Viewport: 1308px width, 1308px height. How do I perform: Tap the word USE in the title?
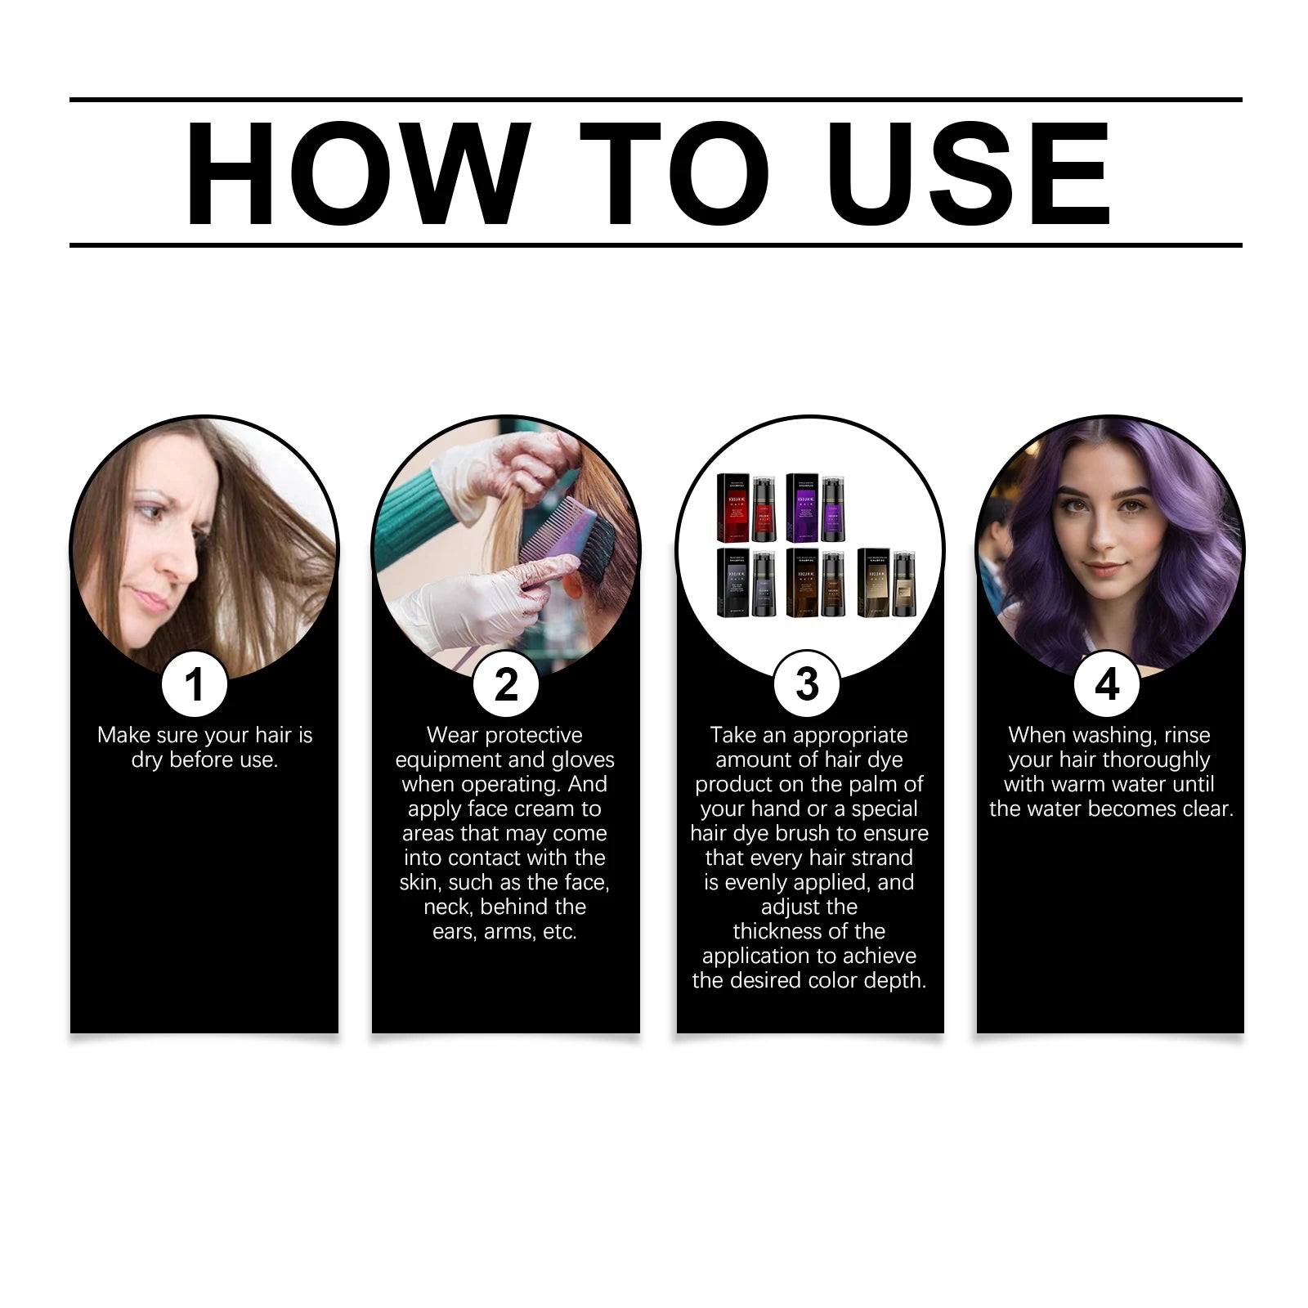click(968, 173)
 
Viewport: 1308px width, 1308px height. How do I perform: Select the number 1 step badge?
click(195, 684)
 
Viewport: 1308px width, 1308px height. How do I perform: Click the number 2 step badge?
click(506, 684)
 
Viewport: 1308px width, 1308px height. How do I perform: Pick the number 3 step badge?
click(807, 684)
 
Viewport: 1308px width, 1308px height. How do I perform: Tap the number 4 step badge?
click(1107, 684)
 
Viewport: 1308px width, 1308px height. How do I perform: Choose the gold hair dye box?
click(873, 583)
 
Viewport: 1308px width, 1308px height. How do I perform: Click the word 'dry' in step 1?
click(146, 760)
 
